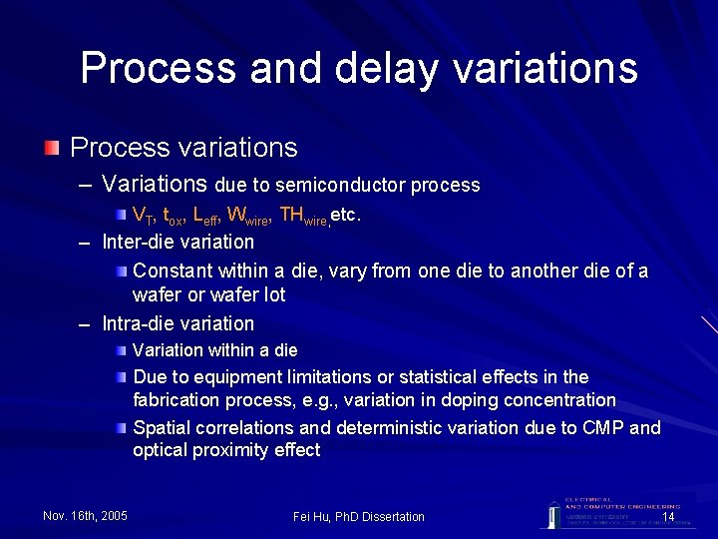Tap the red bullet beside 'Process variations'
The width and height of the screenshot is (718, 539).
[52, 148]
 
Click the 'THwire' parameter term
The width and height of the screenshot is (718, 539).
[303, 215]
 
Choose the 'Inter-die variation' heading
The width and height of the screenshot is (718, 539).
[179, 242]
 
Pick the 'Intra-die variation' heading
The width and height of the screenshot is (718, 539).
[179, 323]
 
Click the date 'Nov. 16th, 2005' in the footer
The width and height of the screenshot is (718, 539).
[86, 516]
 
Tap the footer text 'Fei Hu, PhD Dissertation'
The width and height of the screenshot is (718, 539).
[359, 516]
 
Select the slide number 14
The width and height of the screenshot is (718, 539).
[668, 516]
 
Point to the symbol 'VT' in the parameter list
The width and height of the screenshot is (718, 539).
[143, 215]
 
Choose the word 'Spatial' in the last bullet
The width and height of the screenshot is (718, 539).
[163, 428]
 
